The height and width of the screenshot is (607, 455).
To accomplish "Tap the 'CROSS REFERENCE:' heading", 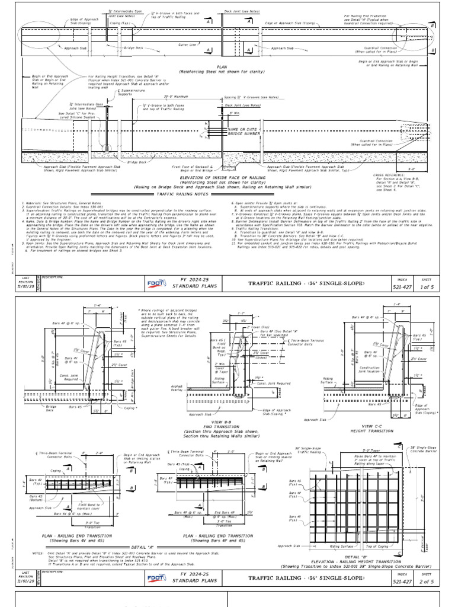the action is (x=389, y=175).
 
